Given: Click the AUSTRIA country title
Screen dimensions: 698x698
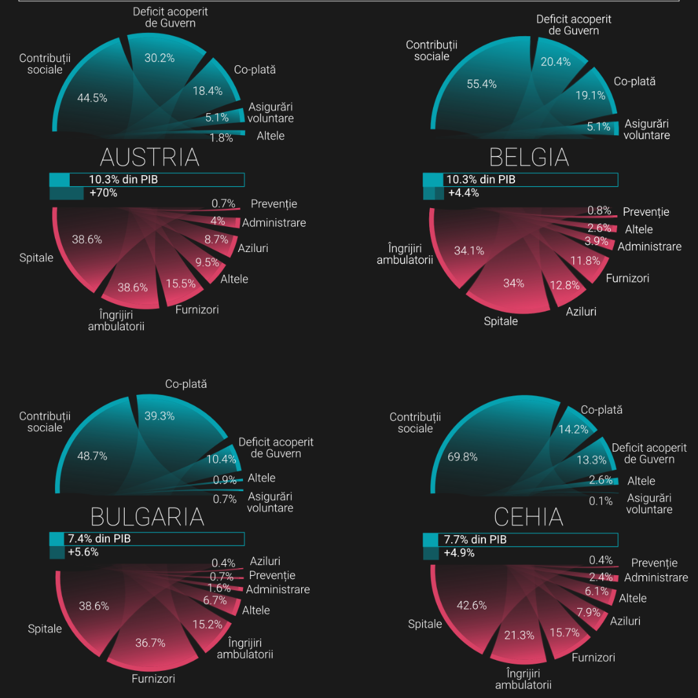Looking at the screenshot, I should [149, 158].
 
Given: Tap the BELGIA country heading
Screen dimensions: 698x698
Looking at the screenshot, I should [529, 158].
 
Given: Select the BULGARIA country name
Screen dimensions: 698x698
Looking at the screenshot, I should [147, 517].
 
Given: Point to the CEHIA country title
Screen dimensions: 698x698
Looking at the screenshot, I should [528, 517].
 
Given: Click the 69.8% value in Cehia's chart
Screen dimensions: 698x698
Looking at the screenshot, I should [463, 457].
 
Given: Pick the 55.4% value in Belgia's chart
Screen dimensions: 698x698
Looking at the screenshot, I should [481, 84].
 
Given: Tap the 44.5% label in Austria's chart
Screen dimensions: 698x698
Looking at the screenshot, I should [92, 98].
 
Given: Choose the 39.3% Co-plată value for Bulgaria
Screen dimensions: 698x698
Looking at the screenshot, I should [159, 416].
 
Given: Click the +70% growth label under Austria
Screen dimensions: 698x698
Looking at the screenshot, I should [103, 193].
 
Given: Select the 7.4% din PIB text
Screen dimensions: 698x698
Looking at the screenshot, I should [100, 538].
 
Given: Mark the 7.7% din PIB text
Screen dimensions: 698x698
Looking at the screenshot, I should [475, 539].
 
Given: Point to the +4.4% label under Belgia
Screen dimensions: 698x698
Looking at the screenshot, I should [463, 193].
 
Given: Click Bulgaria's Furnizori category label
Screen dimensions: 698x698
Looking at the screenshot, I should [153, 679].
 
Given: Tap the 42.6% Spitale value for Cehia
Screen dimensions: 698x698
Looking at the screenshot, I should [471, 606].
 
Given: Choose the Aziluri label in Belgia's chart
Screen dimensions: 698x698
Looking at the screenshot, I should [581, 312].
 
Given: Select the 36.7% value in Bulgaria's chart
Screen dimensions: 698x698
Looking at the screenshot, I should [151, 643].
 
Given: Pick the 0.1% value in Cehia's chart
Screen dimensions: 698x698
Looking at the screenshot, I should [600, 501].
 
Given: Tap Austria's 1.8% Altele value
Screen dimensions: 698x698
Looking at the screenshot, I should [222, 138].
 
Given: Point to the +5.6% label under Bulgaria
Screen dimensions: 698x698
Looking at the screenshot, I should [83, 552].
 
